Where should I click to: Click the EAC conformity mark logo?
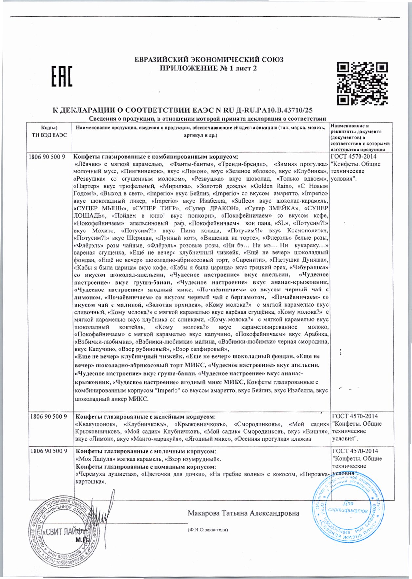tap(62, 76)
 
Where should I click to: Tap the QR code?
tap(362, 83)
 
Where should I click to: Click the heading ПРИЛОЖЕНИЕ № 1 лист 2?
tap(208, 68)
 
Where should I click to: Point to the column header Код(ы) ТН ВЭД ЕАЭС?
tap(49, 131)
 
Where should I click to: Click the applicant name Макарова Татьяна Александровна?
tap(243, 513)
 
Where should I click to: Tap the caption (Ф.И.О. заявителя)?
tap(207, 530)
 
